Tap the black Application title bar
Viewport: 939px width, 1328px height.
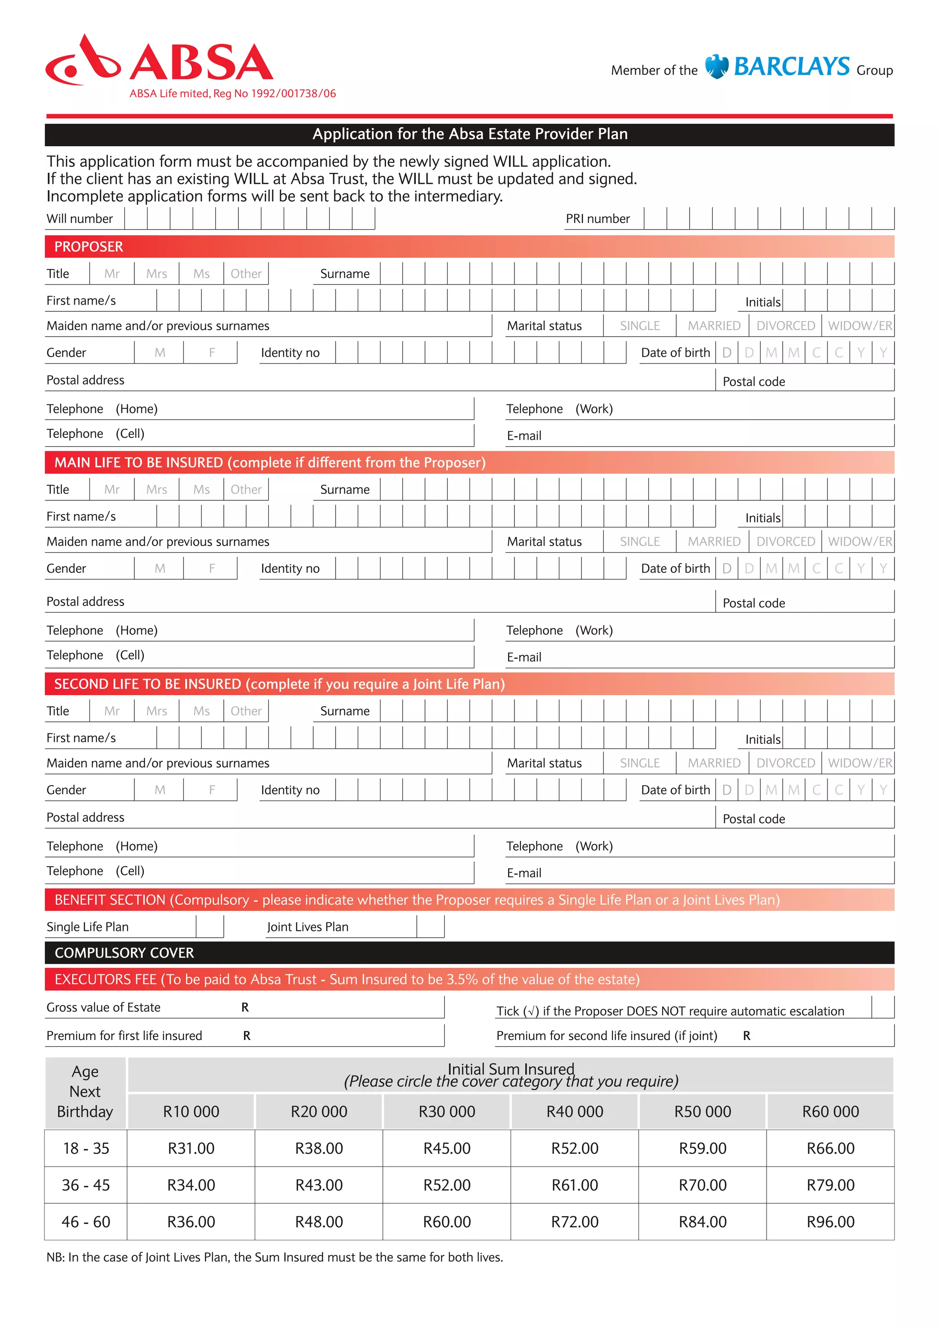point(469,134)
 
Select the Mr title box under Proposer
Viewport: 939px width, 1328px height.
point(111,274)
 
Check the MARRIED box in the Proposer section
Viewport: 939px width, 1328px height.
point(713,326)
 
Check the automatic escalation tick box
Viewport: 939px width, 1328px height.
point(882,1007)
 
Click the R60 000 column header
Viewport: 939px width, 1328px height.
point(830,1112)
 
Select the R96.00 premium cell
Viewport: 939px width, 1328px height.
point(830,1222)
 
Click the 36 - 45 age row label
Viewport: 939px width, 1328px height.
point(86,1185)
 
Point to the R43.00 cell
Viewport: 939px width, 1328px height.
point(319,1185)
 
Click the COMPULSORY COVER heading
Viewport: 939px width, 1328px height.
point(124,952)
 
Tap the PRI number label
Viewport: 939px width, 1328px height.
point(597,219)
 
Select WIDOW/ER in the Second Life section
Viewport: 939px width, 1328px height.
point(859,763)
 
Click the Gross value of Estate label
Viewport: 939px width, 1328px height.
point(104,1007)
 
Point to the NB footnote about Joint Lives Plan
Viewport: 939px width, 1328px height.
point(275,1257)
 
